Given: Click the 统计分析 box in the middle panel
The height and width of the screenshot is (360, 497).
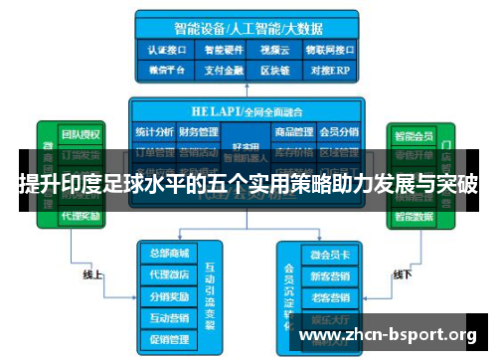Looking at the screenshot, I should coord(154,131).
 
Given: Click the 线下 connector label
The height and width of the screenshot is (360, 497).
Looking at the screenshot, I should coord(403,274).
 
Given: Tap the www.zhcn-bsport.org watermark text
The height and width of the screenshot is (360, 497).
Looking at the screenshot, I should coord(388,334).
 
